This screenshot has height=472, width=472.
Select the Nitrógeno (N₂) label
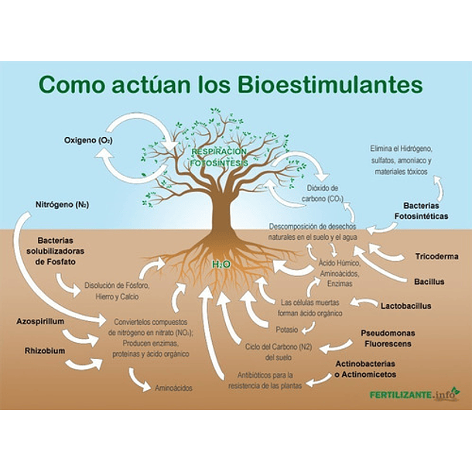(62, 205)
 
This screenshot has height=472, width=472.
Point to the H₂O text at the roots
(222, 265)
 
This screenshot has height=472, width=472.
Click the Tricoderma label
(436, 256)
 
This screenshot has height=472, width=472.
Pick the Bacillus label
(429, 282)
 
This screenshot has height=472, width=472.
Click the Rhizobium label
(45, 350)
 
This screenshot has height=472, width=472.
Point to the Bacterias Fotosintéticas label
(421, 211)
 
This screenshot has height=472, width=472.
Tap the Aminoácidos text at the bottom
(173, 388)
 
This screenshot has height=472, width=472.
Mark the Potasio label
(286, 330)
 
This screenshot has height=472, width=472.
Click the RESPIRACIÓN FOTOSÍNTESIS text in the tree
(220, 158)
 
